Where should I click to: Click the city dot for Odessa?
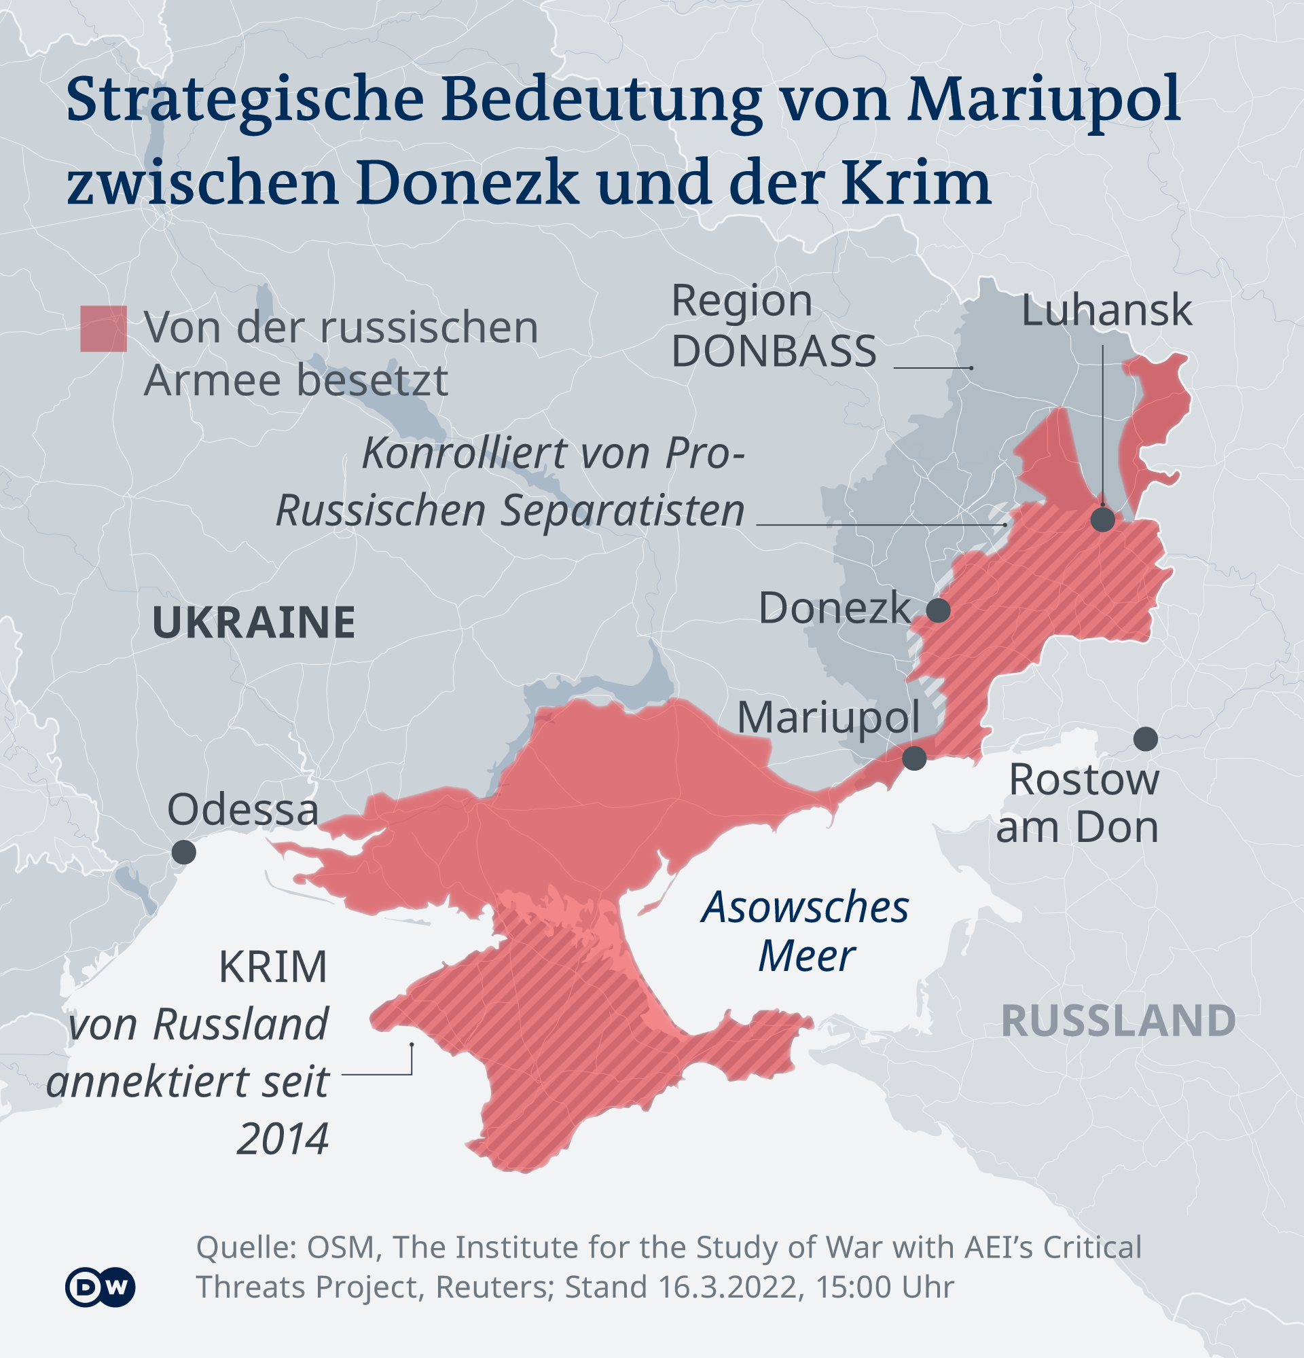(183, 851)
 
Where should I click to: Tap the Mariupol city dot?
(914, 758)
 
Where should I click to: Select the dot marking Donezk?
(938, 610)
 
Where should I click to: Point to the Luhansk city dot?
(1102, 519)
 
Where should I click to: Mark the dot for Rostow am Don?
(1145, 739)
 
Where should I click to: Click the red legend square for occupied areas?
(103, 329)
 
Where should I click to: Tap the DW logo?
(100, 1287)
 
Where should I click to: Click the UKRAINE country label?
(253, 622)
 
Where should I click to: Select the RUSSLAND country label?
(1119, 1021)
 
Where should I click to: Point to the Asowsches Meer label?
(805, 931)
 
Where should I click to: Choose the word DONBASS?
(774, 351)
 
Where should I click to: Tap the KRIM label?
(272, 967)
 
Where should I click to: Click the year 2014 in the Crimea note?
(282, 1139)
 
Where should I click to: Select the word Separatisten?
(622, 511)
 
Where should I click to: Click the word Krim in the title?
(916, 182)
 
